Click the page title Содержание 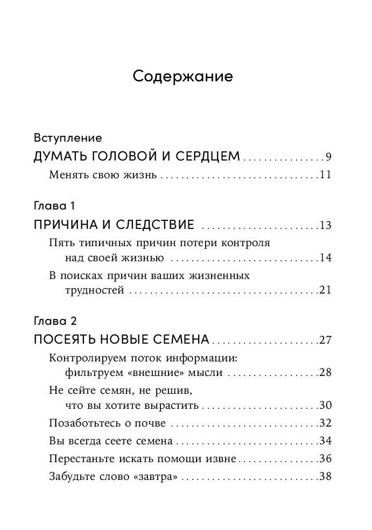[183, 76]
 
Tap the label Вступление [67, 137]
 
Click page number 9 [328, 157]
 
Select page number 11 [325, 175]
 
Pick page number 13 [325, 225]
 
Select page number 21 [325, 290]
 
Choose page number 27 [325, 340]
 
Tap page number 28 [325, 372]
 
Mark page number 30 [325, 406]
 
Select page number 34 [325, 441]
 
